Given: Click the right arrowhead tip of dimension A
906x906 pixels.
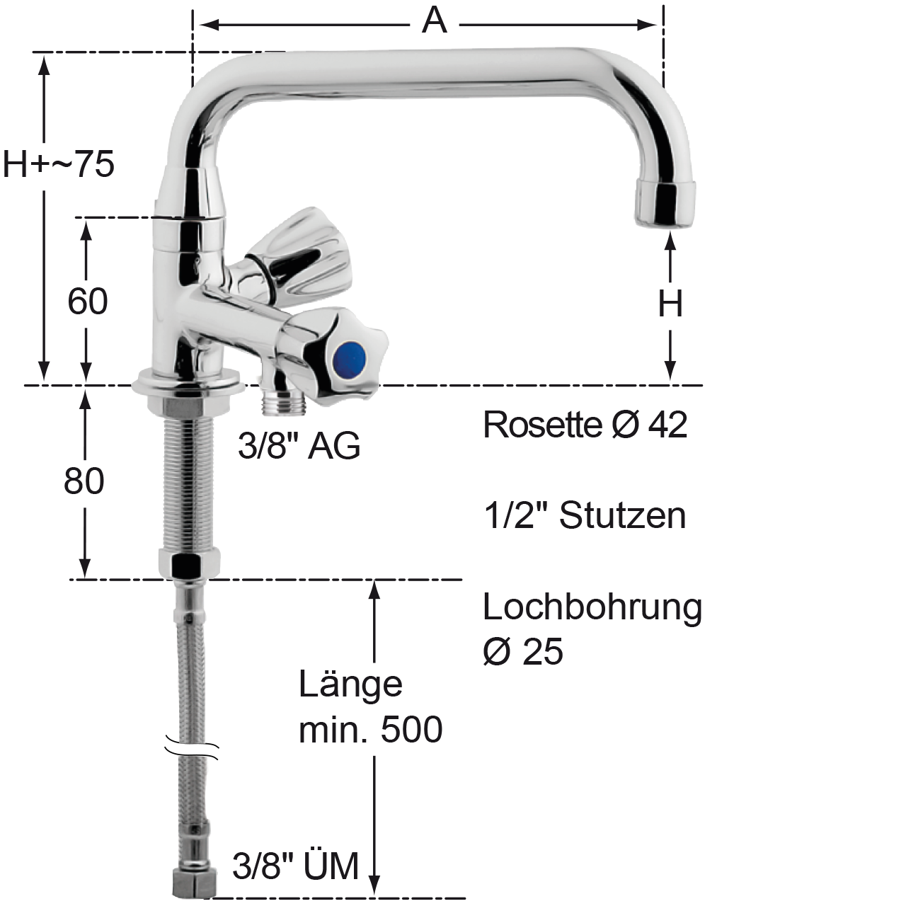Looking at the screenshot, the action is pos(657,25).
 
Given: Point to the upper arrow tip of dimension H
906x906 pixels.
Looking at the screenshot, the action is pos(671,234).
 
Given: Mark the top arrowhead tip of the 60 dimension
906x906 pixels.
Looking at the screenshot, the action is pos(86,220).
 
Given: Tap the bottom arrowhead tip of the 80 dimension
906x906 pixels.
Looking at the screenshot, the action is pos(85,578).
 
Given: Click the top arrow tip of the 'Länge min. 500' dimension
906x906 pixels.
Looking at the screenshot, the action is pos(374,582).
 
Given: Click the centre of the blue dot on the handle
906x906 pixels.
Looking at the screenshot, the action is pos(349,358).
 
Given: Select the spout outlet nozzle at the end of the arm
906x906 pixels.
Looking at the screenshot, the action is pos(665,205).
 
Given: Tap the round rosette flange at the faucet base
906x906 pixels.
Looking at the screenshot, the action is pos(188,383).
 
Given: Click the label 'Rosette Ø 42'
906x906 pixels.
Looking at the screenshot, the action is pos(585,425).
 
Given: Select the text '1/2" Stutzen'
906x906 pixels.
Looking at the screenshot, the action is pos(585,516).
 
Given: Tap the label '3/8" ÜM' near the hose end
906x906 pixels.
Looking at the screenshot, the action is pos(296,866).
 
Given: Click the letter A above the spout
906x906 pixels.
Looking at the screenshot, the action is pos(434,21).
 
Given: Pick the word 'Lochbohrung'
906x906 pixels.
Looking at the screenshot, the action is pos(592,609).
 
